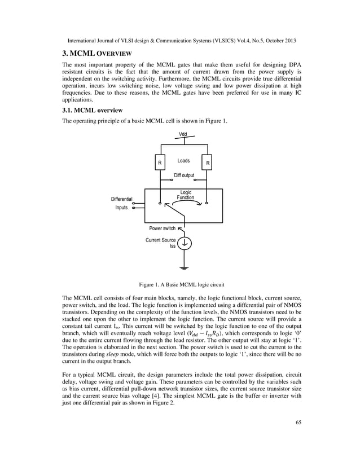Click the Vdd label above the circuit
click(x=183, y=135)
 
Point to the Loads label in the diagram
click(x=183, y=161)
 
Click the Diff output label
click(x=184, y=175)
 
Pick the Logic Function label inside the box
click(x=186, y=195)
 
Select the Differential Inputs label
click(x=121, y=204)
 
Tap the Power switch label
click(x=163, y=228)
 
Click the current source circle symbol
click(x=185, y=244)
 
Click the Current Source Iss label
click(x=161, y=243)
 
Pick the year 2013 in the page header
click(x=287, y=42)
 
